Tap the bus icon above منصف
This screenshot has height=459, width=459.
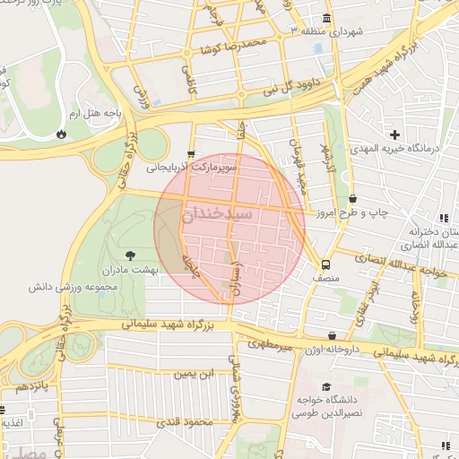(x=325, y=264)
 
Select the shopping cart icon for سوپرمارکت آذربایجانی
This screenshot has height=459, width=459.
(x=191, y=154)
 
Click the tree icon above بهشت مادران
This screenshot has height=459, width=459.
(x=132, y=255)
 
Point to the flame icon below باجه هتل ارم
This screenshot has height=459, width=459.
(x=61, y=134)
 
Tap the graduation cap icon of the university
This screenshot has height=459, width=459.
(x=325, y=385)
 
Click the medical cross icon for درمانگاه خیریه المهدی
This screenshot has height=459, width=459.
(x=395, y=134)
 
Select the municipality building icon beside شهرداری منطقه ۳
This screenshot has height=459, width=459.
(x=325, y=19)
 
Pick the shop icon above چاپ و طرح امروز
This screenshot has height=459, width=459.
(x=352, y=199)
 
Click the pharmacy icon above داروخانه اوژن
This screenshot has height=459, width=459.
(x=333, y=333)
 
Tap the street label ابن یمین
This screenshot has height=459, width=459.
(x=195, y=372)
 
